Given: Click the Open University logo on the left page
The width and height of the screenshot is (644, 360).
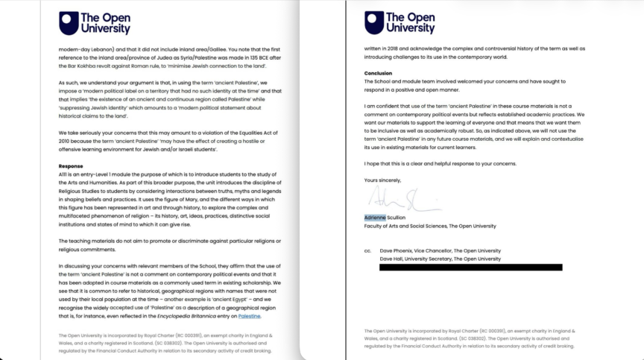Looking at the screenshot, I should coord(95,23).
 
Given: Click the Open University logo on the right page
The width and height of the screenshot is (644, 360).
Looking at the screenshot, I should coord(399,23).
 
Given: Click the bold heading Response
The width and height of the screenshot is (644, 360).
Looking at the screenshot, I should coord(70,165).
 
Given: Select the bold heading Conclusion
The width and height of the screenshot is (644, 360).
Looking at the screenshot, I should coord(378,73).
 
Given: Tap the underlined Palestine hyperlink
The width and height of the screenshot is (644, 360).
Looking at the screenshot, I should coord(248,316).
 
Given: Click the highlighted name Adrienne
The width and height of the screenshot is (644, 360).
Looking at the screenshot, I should coord(375,218).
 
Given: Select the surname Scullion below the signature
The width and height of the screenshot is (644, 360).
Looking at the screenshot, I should coord(396,218).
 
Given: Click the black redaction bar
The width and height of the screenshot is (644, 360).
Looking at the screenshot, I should coord(470,267).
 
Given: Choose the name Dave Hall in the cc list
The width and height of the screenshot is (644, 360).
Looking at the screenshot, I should coord(392,259).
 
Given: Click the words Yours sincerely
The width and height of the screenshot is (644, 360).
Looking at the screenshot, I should coord(382,180).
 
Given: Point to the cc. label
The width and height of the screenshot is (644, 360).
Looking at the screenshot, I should coord(367,251).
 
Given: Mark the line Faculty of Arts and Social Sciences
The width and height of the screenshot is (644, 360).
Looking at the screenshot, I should coord(429,225).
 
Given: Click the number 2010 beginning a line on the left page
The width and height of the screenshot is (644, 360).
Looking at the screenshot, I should coord(65,141).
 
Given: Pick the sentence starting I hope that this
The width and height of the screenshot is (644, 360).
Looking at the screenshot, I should coord(440,163).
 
